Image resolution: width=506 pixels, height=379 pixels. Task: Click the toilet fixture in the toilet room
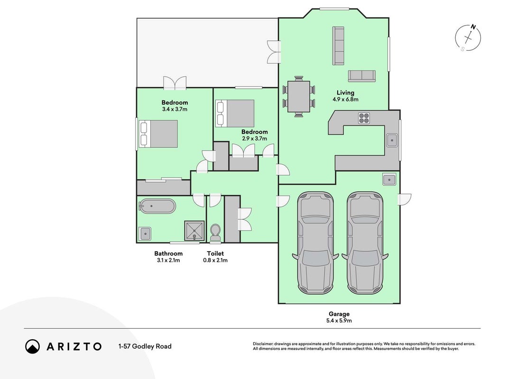pos(215,233)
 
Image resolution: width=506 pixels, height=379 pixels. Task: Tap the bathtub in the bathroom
pos(157,206)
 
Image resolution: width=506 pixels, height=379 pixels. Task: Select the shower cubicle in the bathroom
pos(194,230)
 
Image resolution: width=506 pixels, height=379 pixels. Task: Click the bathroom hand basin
pos(145,234)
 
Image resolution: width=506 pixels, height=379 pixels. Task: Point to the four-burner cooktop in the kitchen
pos(364,118)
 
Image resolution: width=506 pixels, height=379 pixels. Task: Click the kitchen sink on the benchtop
pos(392,140)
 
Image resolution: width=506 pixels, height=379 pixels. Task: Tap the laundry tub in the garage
pos(389,179)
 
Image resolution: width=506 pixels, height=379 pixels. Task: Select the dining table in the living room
pos(298,96)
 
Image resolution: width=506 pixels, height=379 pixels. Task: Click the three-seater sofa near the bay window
pos(338,46)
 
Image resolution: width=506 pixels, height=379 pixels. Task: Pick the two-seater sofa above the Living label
pos(362,76)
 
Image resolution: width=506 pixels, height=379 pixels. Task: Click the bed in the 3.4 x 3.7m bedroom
pos(158,134)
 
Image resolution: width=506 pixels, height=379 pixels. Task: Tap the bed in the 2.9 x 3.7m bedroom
pos(235,113)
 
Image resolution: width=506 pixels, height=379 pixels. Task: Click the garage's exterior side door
pos(405,199)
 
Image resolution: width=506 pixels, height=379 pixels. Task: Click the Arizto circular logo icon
pos(33,346)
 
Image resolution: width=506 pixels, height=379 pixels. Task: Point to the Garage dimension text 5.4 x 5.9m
pos(339,321)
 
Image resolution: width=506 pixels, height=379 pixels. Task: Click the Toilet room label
pos(215,253)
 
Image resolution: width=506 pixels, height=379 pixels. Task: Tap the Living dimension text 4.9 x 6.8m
pos(346,99)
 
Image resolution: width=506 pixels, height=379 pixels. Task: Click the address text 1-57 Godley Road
pos(145,346)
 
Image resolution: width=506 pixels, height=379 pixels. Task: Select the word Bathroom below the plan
pos(168,253)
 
